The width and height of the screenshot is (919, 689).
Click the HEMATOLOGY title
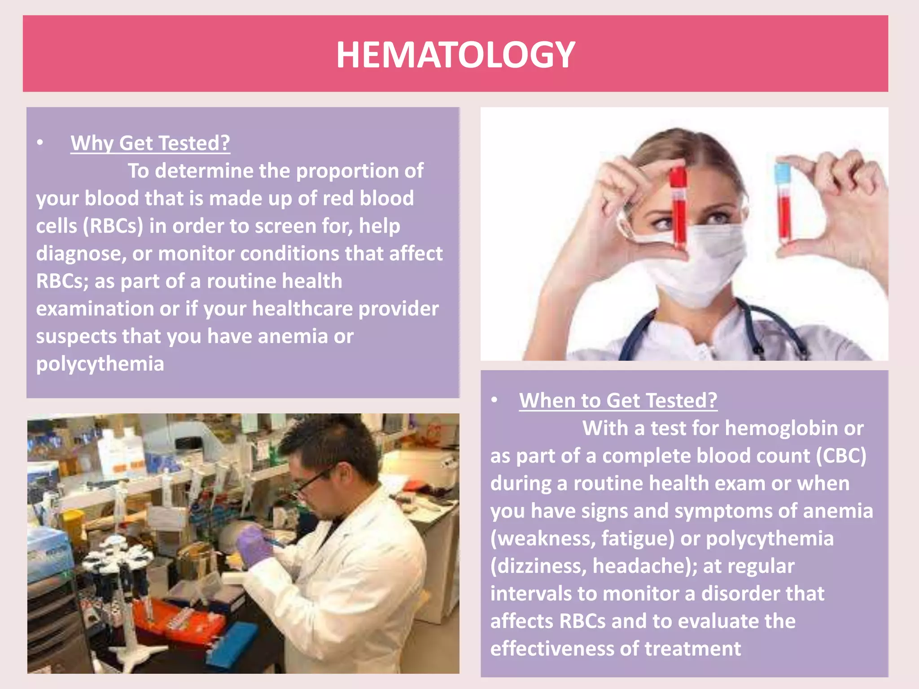coord(455,55)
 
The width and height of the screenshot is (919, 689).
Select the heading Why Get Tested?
coord(150,144)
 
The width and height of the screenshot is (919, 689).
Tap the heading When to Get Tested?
coord(618,401)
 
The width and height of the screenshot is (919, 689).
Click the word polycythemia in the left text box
coord(100,364)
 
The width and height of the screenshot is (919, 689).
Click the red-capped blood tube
coord(678,206)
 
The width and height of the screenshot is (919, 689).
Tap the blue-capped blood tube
coord(783,202)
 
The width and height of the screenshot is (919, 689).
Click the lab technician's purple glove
coord(254,545)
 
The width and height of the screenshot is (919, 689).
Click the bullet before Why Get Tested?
coord(40,143)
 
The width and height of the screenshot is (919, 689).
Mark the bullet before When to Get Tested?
coord(495,400)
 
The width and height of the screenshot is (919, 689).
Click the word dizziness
coord(538,566)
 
